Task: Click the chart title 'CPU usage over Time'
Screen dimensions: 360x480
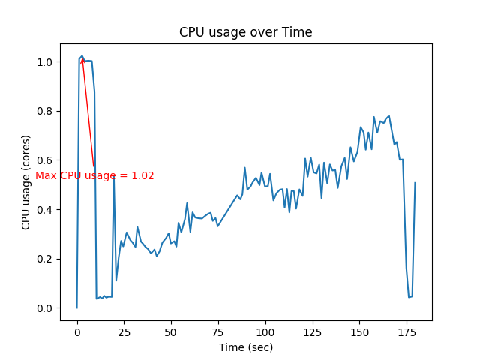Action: (x=245, y=32)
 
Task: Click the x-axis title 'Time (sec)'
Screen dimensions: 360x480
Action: (x=245, y=347)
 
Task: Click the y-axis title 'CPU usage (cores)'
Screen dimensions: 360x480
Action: (x=26, y=182)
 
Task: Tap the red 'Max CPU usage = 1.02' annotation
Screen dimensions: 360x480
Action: (x=94, y=176)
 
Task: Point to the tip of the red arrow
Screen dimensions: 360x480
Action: (x=82, y=58)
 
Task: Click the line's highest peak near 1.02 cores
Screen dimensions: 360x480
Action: (x=82, y=56)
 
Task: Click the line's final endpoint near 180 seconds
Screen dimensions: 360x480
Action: (x=415, y=183)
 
